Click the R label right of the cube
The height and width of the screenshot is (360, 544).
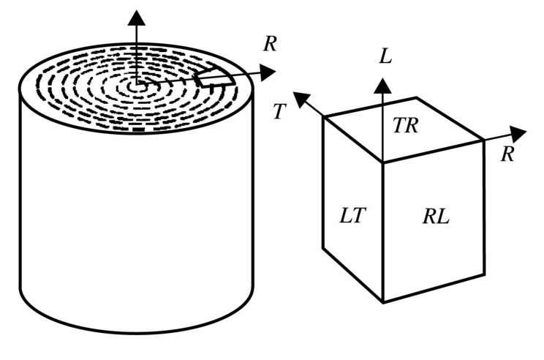pos(504,154)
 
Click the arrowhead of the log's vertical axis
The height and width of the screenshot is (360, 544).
pos(135,15)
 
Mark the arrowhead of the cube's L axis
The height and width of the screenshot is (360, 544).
pos(382,86)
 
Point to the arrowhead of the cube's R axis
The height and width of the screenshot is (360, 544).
pos(518,133)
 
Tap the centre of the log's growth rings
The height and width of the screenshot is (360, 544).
pos(135,85)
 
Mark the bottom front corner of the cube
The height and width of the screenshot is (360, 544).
pos(384,301)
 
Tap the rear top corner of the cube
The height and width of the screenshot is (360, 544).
pos(416,97)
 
